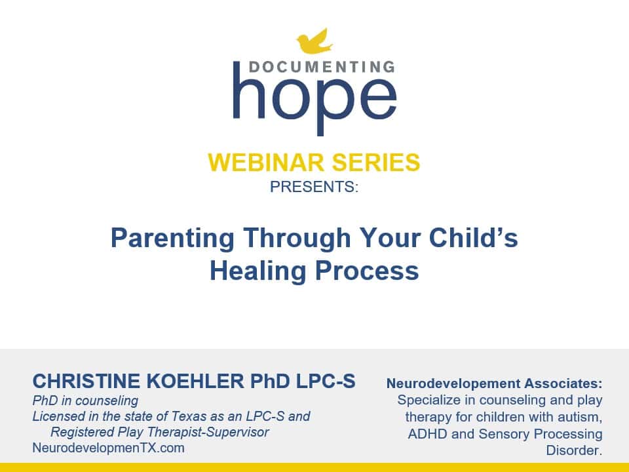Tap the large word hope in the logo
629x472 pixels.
click(x=314, y=98)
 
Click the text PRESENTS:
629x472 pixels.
click(x=314, y=186)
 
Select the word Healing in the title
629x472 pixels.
click(x=256, y=270)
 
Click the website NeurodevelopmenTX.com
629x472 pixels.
click(x=108, y=448)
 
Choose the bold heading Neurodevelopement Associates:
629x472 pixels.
click(x=494, y=383)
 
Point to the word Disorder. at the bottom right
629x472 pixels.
click(x=574, y=450)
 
